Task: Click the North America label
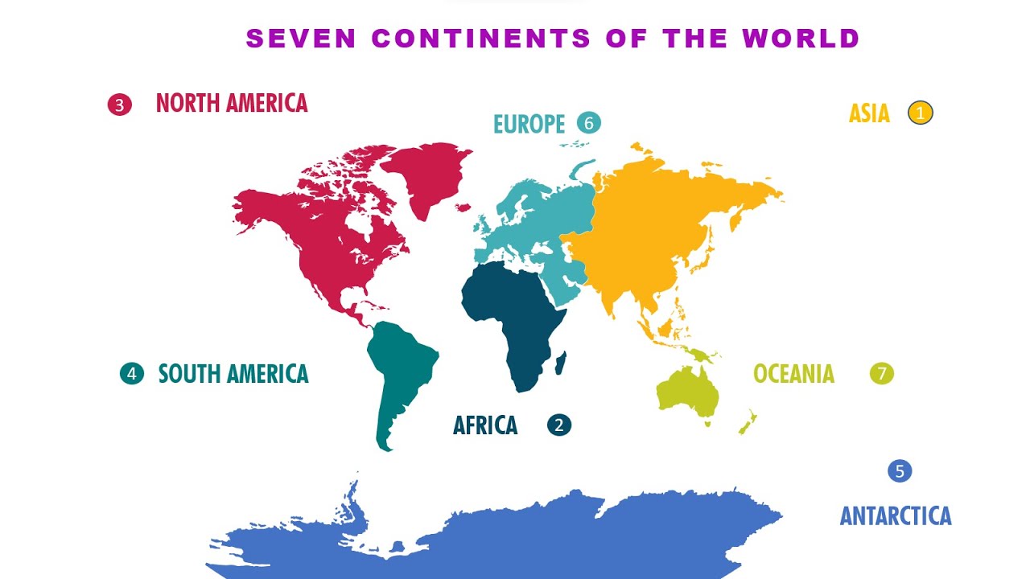(232, 103)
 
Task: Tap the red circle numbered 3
(119, 105)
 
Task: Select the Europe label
(529, 124)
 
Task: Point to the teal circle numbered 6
(589, 123)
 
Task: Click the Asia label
(869, 113)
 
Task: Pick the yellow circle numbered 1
(921, 113)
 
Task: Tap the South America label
(233, 374)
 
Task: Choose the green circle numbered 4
(132, 373)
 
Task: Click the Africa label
(485, 425)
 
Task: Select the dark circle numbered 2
(559, 425)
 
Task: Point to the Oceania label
(793, 374)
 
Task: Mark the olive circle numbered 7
(882, 373)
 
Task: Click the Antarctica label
(896, 515)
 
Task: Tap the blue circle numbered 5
(900, 471)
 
